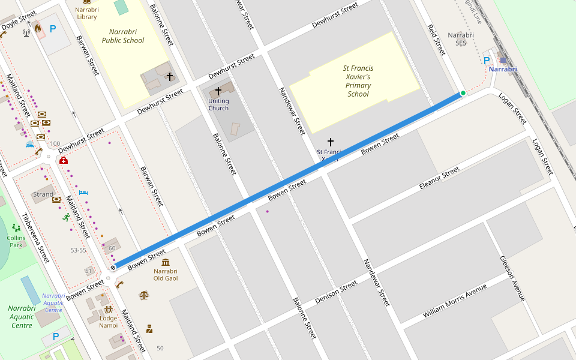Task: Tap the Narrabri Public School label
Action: (x=123, y=36)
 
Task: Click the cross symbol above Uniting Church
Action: (x=218, y=91)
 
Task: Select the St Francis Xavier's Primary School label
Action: (x=358, y=81)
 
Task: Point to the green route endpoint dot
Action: (x=463, y=92)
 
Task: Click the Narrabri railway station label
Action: (x=503, y=70)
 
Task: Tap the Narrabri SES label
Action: (x=461, y=39)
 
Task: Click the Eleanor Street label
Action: (x=439, y=179)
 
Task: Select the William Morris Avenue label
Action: (x=454, y=300)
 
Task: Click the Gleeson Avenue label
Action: (x=512, y=278)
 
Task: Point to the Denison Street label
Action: (x=336, y=292)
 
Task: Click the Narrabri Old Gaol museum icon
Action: (x=166, y=262)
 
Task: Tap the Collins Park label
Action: (x=16, y=241)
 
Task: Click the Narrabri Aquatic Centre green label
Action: (x=22, y=316)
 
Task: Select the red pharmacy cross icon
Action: (x=64, y=160)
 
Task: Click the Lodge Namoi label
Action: (x=109, y=322)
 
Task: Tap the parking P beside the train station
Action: (x=487, y=60)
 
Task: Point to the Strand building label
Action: (x=43, y=194)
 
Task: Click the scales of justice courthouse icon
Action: (x=143, y=295)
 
